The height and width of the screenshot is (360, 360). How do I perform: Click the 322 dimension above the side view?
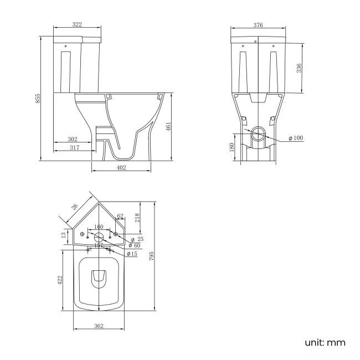point(77,25)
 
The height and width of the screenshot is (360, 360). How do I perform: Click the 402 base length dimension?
point(121,168)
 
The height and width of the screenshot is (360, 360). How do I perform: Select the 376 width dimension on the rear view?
point(258,25)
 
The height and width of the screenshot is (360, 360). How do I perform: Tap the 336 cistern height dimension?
point(299,69)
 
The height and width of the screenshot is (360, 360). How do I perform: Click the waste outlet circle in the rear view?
point(258,133)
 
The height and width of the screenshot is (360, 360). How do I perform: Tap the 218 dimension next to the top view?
point(137,218)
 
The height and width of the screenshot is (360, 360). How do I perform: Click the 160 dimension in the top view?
point(99,227)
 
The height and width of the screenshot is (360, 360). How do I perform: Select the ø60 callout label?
point(133,245)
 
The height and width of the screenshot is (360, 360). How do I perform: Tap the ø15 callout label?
point(132,254)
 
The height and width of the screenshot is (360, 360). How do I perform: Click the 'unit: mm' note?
point(325,343)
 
